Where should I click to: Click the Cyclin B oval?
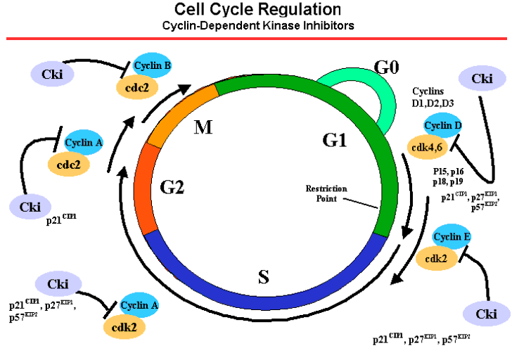tap(153, 66)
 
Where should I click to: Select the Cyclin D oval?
tap(444, 126)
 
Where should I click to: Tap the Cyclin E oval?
tap(452, 237)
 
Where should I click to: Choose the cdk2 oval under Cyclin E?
tap(435, 258)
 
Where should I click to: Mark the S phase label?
tap(263, 276)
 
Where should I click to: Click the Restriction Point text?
tap(322, 193)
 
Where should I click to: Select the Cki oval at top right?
tap(481, 79)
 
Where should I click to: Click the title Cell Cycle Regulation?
tap(257, 10)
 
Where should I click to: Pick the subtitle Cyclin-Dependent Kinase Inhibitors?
tap(257, 25)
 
